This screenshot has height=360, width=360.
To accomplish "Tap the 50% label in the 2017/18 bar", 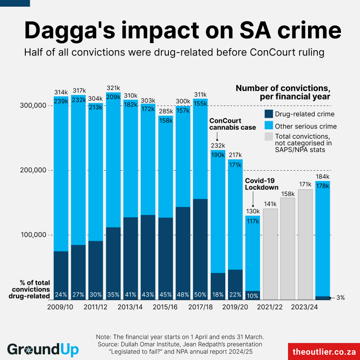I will click(x=200, y=294).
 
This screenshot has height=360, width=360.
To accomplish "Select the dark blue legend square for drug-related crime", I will click(x=268, y=114).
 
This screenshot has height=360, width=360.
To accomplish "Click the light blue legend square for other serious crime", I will click(x=268, y=126).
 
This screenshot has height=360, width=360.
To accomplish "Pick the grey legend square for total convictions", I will click(x=268, y=136).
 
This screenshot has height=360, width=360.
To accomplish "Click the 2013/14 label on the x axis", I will click(x=130, y=307).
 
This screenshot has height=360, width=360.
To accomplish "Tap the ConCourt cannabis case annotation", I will click(x=232, y=124).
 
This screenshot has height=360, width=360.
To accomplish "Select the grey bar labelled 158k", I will click(x=288, y=249).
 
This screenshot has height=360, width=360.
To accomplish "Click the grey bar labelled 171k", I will click(x=305, y=244).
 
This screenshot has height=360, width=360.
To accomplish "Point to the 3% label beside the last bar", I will click(x=340, y=297).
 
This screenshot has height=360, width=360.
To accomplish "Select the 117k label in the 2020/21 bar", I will click(x=253, y=220).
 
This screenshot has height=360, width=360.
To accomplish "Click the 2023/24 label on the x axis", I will click(x=305, y=307).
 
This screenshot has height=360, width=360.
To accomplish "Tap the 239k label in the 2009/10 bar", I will click(x=61, y=101).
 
